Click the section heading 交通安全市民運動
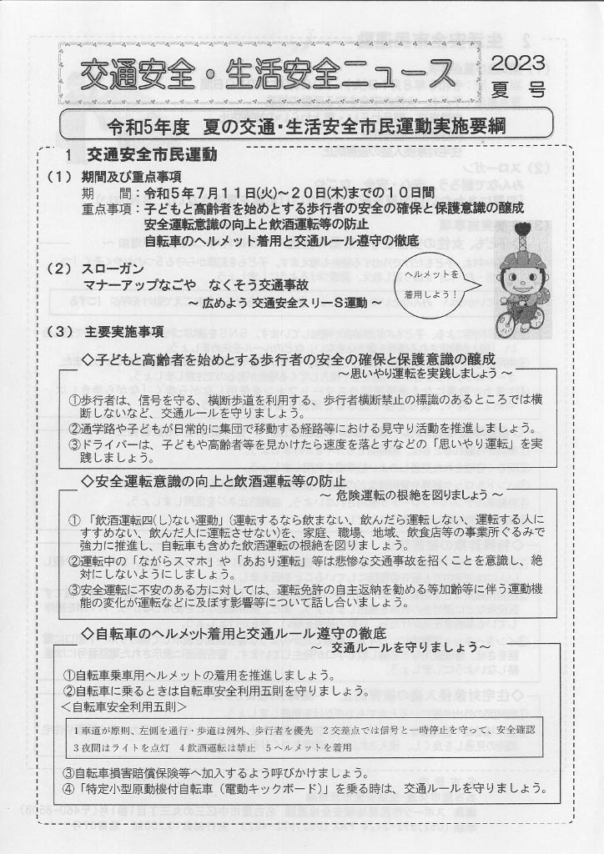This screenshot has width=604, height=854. point(152,155)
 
